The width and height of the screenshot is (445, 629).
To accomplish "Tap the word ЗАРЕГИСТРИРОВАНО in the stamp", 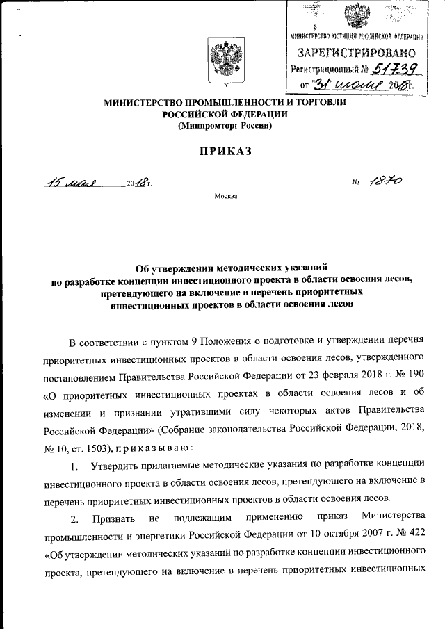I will [357, 53].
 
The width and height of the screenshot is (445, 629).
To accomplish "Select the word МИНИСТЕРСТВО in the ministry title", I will [142, 103].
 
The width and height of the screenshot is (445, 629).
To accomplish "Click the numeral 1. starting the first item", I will [76, 464].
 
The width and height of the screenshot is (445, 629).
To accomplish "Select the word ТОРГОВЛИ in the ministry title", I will [317, 103].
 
